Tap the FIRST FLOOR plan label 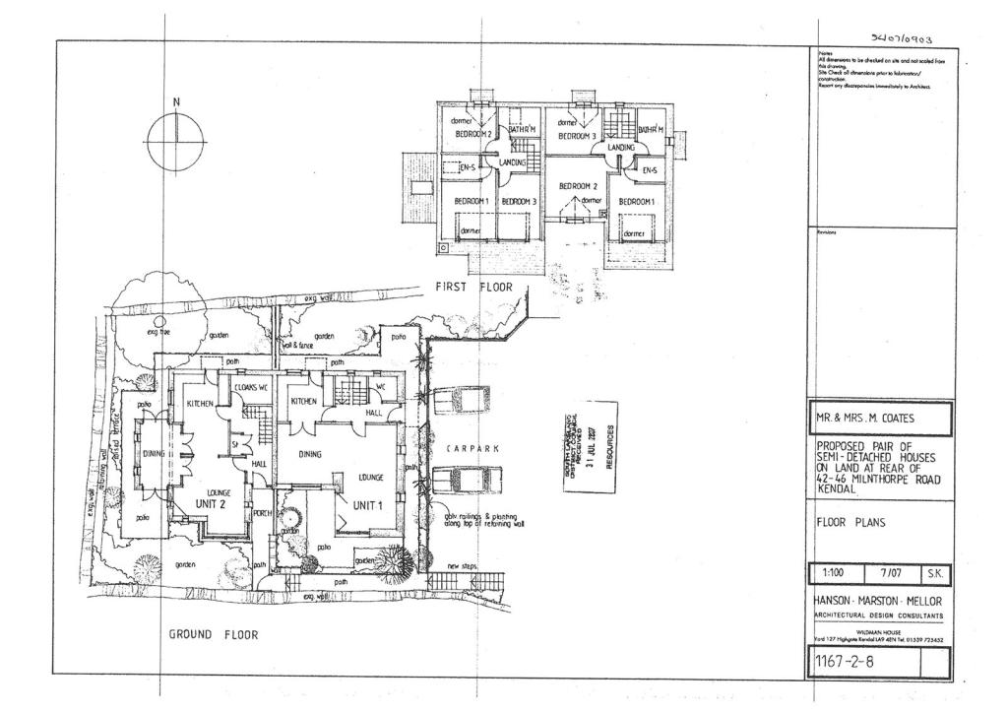[474, 287]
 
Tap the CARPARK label [472, 448]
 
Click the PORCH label [263, 513]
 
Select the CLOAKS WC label [251, 388]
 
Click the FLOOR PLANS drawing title [850, 523]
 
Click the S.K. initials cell [935, 573]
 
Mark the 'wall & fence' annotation [297, 347]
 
